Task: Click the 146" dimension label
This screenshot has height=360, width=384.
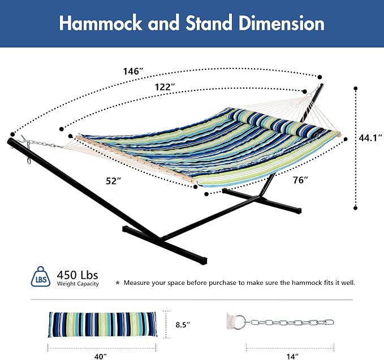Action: (x=133, y=71)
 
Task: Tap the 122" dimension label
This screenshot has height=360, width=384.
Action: (x=165, y=86)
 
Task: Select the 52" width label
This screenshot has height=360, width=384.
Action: (x=113, y=181)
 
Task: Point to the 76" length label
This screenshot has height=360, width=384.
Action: (x=300, y=180)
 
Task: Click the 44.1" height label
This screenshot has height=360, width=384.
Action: (x=371, y=138)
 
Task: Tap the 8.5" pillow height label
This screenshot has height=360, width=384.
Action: (x=183, y=325)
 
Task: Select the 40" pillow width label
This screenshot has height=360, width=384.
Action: (x=101, y=356)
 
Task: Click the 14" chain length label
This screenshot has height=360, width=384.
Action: (x=292, y=356)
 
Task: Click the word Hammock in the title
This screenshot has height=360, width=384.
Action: (x=101, y=23)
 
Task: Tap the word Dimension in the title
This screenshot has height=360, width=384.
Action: (x=282, y=23)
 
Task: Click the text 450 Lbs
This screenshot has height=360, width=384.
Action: (x=77, y=275)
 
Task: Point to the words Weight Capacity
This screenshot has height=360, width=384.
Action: (x=78, y=284)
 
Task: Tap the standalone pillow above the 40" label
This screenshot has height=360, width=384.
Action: (x=102, y=324)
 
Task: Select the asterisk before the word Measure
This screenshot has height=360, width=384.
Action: (x=118, y=283)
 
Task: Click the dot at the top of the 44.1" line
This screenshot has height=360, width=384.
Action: (x=356, y=88)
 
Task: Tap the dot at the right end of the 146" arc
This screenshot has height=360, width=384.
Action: (x=320, y=77)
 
